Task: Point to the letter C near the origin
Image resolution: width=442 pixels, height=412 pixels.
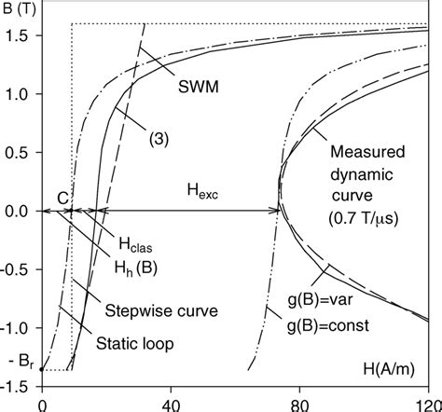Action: (x=62, y=197)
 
